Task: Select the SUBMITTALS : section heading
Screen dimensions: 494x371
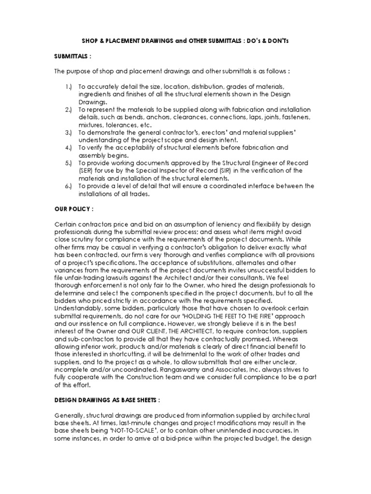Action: coord(72,56)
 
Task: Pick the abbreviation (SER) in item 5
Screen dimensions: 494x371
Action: coord(88,170)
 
